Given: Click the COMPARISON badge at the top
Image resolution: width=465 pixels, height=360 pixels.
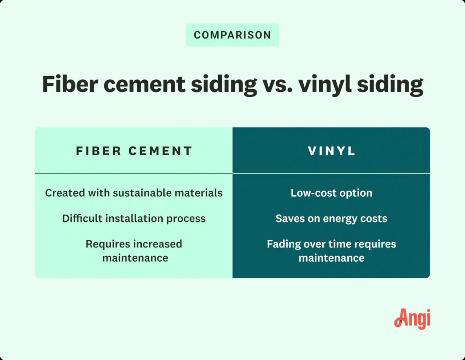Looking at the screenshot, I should tap(232, 35).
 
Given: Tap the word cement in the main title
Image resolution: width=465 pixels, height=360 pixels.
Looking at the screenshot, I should tap(145, 84).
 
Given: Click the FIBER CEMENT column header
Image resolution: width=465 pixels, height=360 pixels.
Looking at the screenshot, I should tap(134, 151).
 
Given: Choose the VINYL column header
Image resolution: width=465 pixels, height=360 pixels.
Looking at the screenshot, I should tap(331, 151).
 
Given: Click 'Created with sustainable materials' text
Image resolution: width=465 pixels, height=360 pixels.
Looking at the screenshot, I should tap(134, 193).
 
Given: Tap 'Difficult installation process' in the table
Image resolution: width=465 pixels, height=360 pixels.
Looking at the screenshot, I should tap(134, 218).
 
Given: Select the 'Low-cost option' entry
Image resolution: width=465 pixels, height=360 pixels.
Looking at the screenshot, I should tap(331, 193).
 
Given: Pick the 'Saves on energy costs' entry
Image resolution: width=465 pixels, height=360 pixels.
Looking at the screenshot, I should tap(331, 218).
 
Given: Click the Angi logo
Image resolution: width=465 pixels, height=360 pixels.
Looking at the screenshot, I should tap(412, 319).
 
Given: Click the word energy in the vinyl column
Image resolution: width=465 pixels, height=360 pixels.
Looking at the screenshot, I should tap(340, 219).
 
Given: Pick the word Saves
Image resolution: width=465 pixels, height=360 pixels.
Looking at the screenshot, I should tap(288, 218).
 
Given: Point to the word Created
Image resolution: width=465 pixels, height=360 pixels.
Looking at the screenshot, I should tap(65, 193).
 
